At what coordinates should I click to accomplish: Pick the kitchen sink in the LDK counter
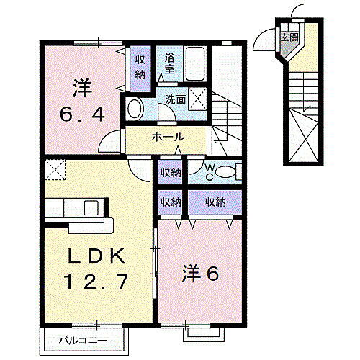coord(91,208)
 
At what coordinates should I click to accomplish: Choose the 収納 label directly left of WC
coord(170,171)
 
